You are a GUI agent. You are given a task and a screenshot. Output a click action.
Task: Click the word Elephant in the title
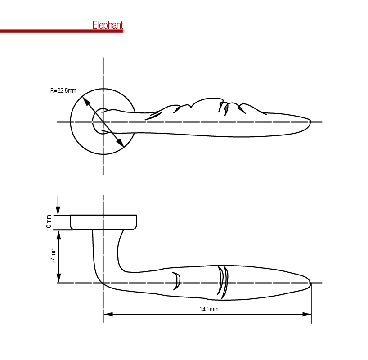108,25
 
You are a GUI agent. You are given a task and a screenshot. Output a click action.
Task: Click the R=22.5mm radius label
63,90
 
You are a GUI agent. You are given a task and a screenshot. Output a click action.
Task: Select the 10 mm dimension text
49,223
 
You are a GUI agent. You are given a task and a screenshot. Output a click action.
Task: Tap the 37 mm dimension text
53,255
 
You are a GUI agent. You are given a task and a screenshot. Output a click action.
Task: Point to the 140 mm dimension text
209,309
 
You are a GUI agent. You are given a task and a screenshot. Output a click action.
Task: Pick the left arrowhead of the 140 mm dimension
108,314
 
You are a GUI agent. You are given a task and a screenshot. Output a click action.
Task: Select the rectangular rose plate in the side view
103,222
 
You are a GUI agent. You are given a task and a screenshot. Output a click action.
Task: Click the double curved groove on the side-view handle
222,282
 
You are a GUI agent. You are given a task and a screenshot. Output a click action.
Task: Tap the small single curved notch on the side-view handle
177,281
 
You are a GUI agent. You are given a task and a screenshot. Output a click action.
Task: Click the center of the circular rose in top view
103,122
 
